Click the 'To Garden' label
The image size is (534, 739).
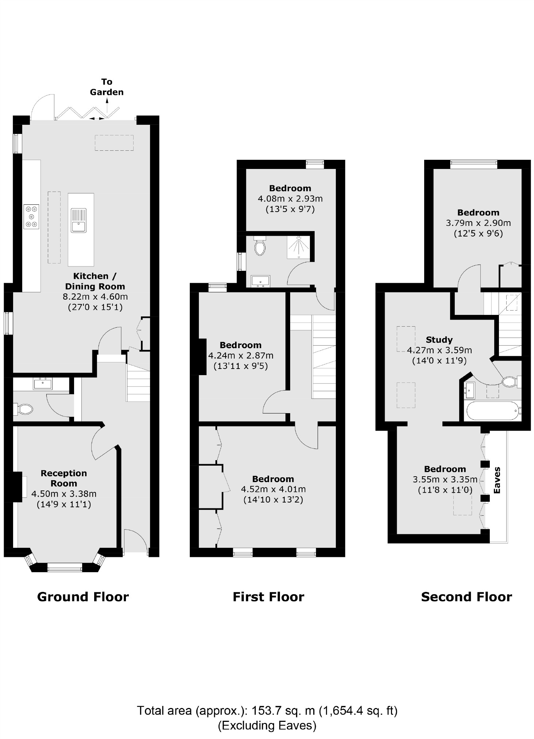(x=107, y=87)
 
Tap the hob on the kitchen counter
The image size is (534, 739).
(x=31, y=217)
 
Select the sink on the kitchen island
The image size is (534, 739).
(x=78, y=220)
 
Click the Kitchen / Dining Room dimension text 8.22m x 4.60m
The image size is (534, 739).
(x=95, y=296)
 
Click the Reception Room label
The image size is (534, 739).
(x=64, y=478)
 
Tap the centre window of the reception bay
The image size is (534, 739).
(x=65, y=567)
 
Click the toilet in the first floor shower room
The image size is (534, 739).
(x=260, y=247)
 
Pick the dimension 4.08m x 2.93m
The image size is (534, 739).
(x=290, y=199)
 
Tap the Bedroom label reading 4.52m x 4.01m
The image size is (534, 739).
(x=273, y=479)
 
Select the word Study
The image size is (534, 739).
(x=439, y=340)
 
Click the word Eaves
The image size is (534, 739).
(x=497, y=480)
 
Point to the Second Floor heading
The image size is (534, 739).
(x=466, y=597)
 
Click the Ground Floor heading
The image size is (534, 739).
(x=83, y=597)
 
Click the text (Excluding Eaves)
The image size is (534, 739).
(x=267, y=725)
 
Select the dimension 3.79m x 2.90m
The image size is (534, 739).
(x=478, y=223)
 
